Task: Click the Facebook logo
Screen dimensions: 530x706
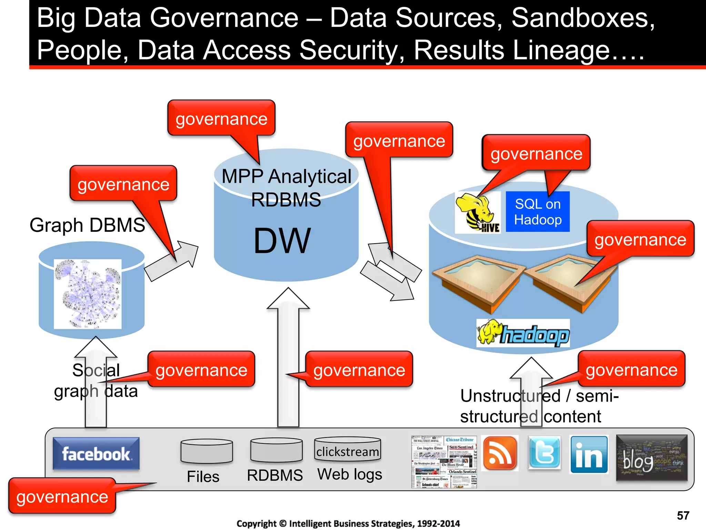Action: coord(96,453)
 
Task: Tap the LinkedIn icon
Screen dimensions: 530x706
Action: coord(589,454)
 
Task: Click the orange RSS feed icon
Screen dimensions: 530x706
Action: coord(500,453)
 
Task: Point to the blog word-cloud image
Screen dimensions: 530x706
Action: coord(652,458)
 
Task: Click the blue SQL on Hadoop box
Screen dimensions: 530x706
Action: coord(537,212)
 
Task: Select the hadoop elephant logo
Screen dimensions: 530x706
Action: coord(523,333)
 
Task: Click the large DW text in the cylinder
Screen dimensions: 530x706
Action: coord(282,241)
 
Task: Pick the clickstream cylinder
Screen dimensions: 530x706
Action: coord(347,449)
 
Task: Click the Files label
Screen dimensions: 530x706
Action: coord(203,477)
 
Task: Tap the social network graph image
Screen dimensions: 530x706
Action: coord(88,294)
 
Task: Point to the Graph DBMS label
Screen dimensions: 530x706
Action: coord(87,225)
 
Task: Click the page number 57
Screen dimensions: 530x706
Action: coord(683,516)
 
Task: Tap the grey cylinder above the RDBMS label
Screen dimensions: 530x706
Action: coord(276,450)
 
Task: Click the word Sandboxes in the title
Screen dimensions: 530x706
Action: coord(583,18)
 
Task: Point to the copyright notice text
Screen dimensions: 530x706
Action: coord(348,523)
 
